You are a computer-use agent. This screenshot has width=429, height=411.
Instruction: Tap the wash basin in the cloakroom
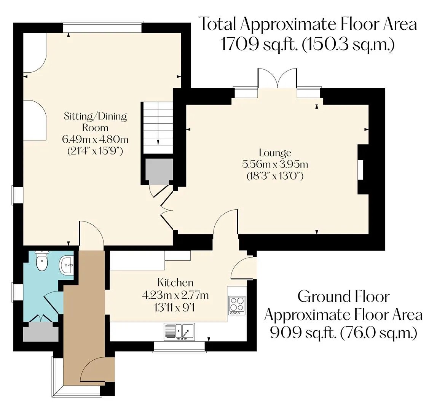tap(66, 265)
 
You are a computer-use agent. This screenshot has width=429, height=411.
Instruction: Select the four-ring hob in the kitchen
tap(237, 306)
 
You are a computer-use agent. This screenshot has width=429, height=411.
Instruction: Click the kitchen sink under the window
tap(179, 331)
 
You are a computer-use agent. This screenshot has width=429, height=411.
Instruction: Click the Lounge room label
tap(275, 153)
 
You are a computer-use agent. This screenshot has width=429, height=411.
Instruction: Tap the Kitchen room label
tap(175, 282)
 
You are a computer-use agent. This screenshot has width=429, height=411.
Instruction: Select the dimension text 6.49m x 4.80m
tap(95, 139)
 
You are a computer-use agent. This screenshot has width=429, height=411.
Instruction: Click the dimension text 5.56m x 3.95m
tap(275, 164)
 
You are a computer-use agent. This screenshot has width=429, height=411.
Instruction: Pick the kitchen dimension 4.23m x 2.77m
tap(175, 295)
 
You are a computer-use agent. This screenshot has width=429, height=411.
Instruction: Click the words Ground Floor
tap(343, 296)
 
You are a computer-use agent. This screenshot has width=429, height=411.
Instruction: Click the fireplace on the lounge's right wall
tap(361, 170)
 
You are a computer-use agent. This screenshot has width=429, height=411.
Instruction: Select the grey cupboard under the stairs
tap(159, 172)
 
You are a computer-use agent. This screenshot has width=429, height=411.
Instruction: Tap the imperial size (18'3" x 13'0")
tap(275, 176)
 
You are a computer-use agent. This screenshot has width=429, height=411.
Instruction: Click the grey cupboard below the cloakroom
tap(40, 332)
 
